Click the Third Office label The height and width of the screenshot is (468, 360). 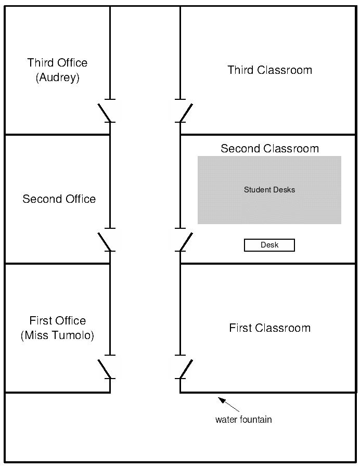(x=57, y=63)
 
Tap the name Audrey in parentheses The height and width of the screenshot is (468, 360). (x=57, y=78)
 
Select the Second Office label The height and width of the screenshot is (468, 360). (x=59, y=199)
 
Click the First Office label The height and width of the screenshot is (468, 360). (x=57, y=320)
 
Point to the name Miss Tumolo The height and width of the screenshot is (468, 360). (x=57, y=335)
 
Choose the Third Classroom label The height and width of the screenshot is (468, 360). (x=269, y=70)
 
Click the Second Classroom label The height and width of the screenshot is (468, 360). (x=269, y=148)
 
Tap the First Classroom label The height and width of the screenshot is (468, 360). (x=269, y=328)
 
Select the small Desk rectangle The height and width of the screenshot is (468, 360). (x=269, y=245)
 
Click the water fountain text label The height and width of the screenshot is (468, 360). (x=243, y=420)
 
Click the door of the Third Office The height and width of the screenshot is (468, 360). (x=104, y=112)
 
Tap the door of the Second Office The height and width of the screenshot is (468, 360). (x=104, y=240)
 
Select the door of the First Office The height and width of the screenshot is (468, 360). (x=104, y=368)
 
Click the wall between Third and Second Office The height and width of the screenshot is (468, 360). (x=57, y=135)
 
